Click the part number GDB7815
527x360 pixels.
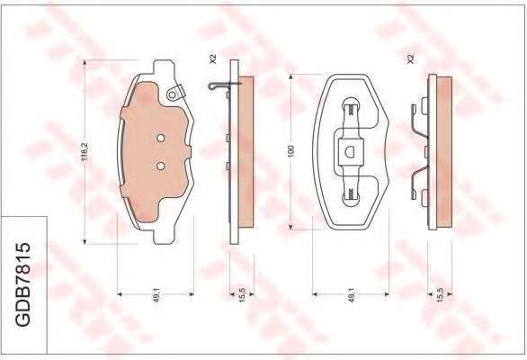pos(23,284)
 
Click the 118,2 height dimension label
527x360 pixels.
pos(85,150)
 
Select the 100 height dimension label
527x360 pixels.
pos(291,150)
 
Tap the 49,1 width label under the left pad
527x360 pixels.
pos(156,295)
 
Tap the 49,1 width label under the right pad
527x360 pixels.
pos(352,295)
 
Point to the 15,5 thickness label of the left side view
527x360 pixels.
pos(242,295)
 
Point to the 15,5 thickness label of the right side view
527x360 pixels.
pos(440,295)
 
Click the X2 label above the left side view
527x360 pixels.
pos(213,58)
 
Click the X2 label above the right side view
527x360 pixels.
pos(410,58)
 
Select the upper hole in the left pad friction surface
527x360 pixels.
pos(161,138)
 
